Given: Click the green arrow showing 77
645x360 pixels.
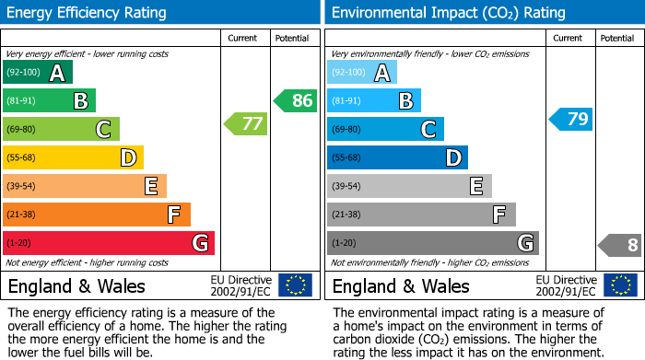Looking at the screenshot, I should tap(245, 123).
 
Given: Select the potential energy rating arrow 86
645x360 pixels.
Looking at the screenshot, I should tap(295, 100).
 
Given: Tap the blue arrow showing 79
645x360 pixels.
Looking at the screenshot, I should tap(570, 119).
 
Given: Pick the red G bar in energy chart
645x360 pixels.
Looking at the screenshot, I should tap(109, 243).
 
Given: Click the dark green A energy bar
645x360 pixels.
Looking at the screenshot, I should tap(38, 73).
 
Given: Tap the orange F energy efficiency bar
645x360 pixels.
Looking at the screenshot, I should tap(97, 215).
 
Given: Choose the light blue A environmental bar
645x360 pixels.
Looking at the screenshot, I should tap(362, 73).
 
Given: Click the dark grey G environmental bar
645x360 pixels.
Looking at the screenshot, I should tap(432, 243).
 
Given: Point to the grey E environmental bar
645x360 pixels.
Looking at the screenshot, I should tap(409, 186).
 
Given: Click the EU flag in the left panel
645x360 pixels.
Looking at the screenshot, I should tap(295, 285).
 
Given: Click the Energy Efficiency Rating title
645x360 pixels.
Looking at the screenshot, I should tap(88, 13).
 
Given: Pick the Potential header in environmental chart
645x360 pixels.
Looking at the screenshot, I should tap(616, 38).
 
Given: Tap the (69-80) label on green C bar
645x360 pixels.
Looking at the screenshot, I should tap(21, 130).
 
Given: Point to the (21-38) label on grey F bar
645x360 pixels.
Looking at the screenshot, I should tap(346, 215).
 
